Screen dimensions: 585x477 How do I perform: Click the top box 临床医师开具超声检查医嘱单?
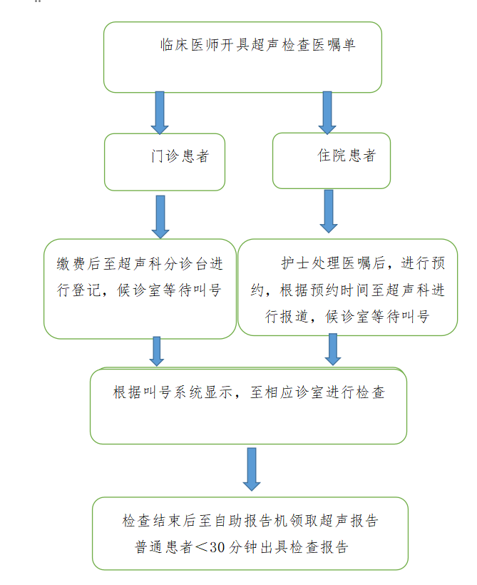(x=242, y=56)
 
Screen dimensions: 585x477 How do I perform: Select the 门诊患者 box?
(x=165, y=161)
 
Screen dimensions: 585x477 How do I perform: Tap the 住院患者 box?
(x=332, y=160)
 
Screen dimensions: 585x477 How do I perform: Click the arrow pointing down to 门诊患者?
(x=160, y=112)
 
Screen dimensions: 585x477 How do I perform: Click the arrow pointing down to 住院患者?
(x=327, y=112)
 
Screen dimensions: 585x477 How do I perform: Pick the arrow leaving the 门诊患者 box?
(x=160, y=216)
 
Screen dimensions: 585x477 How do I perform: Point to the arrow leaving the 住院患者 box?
(x=328, y=211)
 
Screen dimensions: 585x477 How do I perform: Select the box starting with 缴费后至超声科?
(x=140, y=288)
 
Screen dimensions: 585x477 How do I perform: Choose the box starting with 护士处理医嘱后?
(x=347, y=287)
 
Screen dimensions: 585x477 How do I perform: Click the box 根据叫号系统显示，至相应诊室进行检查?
(x=248, y=405)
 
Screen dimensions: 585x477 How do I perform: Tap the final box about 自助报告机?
(x=250, y=533)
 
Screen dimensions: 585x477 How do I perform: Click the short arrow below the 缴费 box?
(x=157, y=352)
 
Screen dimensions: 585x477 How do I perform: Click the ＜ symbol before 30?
(x=202, y=547)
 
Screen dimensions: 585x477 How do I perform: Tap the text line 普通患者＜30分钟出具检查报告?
(x=242, y=547)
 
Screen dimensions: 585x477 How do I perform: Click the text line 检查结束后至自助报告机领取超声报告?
(x=250, y=521)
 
